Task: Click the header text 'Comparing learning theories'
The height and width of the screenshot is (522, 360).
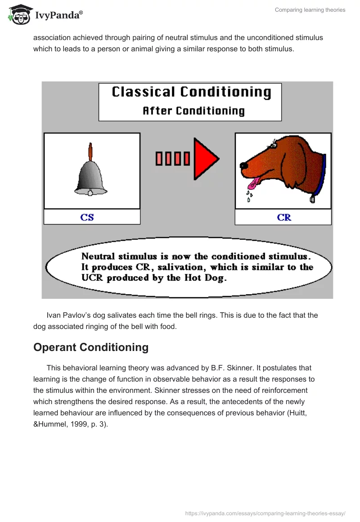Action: (x=310, y=10)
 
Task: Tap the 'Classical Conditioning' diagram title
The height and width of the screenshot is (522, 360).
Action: (x=191, y=92)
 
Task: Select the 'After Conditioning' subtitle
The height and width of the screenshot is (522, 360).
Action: (x=193, y=111)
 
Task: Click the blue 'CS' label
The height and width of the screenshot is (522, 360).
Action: (x=87, y=217)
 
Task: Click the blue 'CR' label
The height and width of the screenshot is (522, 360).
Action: (x=284, y=217)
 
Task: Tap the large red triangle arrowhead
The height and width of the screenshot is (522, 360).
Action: (x=205, y=159)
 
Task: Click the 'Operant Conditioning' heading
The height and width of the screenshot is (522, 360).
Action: (x=91, y=347)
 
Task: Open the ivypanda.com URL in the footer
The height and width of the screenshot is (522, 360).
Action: (x=265, y=513)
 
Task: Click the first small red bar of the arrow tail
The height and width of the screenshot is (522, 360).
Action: (x=159, y=159)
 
